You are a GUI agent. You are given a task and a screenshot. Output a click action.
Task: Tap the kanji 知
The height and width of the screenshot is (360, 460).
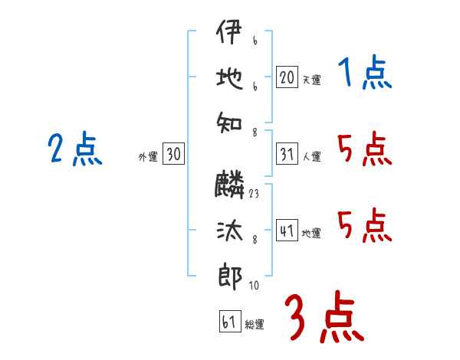pyautogui.click(x=228, y=123)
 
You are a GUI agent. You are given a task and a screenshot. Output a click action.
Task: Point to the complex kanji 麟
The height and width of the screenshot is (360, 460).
pyautogui.click(x=228, y=185)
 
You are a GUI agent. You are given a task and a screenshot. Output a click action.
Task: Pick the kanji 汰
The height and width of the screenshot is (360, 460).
pyautogui.click(x=228, y=230)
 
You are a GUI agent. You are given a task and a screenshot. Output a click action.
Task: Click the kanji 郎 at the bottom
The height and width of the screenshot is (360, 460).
pyautogui.click(x=228, y=276)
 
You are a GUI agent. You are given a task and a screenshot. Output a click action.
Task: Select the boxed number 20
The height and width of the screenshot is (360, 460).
pyautogui.click(x=287, y=77)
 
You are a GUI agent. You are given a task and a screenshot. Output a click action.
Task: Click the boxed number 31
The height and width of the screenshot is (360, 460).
pyautogui.click(x=287, y=154)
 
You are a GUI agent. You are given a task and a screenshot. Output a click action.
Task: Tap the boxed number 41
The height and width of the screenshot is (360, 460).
pyautogui.click(x=287, y=231)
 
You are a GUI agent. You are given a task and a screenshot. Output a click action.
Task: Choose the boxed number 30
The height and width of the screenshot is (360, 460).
pyautogui.click(x=173, y=154)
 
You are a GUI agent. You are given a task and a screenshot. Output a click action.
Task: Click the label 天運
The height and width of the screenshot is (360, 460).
pyautogui.click(x=311, y=79)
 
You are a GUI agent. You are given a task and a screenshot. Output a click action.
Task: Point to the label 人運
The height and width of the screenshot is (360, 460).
pyautogui.click(x=311, y=156)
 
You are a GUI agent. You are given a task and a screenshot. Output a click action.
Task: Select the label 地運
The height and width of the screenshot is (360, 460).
pyautogui.click(x=311, y=233)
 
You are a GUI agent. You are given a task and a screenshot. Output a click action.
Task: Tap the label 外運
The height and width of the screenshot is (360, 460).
pyautogui.click(x=148, y=156)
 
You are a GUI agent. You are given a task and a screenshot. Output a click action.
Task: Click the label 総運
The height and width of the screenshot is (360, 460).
pyautogui.click(x=255, y=324)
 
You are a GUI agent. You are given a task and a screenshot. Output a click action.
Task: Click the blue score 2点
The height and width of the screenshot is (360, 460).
pyautogui.click(x=74, y=149)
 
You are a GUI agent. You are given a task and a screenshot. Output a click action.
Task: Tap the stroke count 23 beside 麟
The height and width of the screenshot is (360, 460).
pyautogui.click(x=254, y=195)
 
